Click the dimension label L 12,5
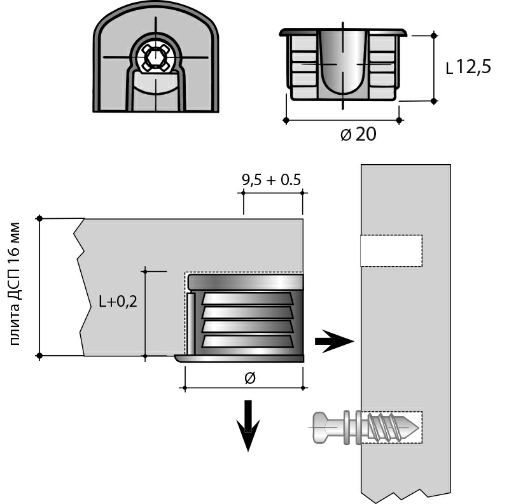pyautogui.click(x=468, y=67)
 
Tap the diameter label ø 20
pyautogui.click(x=358, y=134)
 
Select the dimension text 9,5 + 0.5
pyautogui.click(x=271, y=180)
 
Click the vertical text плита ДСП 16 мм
pyautogui.click(x=15, y=284)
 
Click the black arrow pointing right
pyautogui.click(x=334, y=341)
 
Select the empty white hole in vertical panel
pyautogui.click(x=391, y=251)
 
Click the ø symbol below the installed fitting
pyautogui.click(x=249, y=378)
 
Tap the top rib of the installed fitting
pyautogui.click(x=248, y=298)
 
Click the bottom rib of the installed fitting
pyautogui.click(x=248, y=341)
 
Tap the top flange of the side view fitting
pyautogui.click(x=344, y=31)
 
